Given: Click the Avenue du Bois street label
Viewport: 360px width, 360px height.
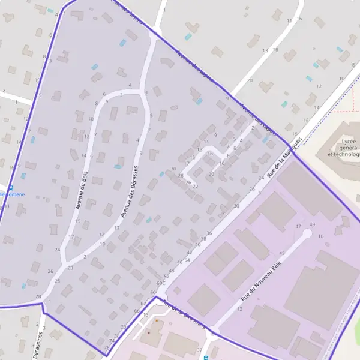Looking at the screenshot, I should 82,191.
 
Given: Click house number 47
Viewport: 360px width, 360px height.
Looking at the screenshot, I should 298,226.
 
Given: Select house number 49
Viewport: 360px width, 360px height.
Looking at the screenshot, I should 311,224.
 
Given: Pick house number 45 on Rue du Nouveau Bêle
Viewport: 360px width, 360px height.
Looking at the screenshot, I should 281,253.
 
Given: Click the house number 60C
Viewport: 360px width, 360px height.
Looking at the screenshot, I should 160,283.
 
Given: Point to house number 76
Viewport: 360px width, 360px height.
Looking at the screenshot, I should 106,347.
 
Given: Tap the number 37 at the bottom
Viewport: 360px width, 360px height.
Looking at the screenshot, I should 200,350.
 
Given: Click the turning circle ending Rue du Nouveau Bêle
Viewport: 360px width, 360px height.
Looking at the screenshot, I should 307,233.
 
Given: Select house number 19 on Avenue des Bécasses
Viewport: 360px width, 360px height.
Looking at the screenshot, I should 103,244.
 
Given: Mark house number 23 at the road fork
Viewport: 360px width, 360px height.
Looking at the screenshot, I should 70,268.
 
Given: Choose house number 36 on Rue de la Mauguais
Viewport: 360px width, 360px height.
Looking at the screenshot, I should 209,233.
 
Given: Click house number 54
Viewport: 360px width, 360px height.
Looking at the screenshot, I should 188,260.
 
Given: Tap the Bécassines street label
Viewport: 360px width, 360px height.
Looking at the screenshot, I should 38,344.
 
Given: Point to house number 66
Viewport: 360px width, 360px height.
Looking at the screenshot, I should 136,311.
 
